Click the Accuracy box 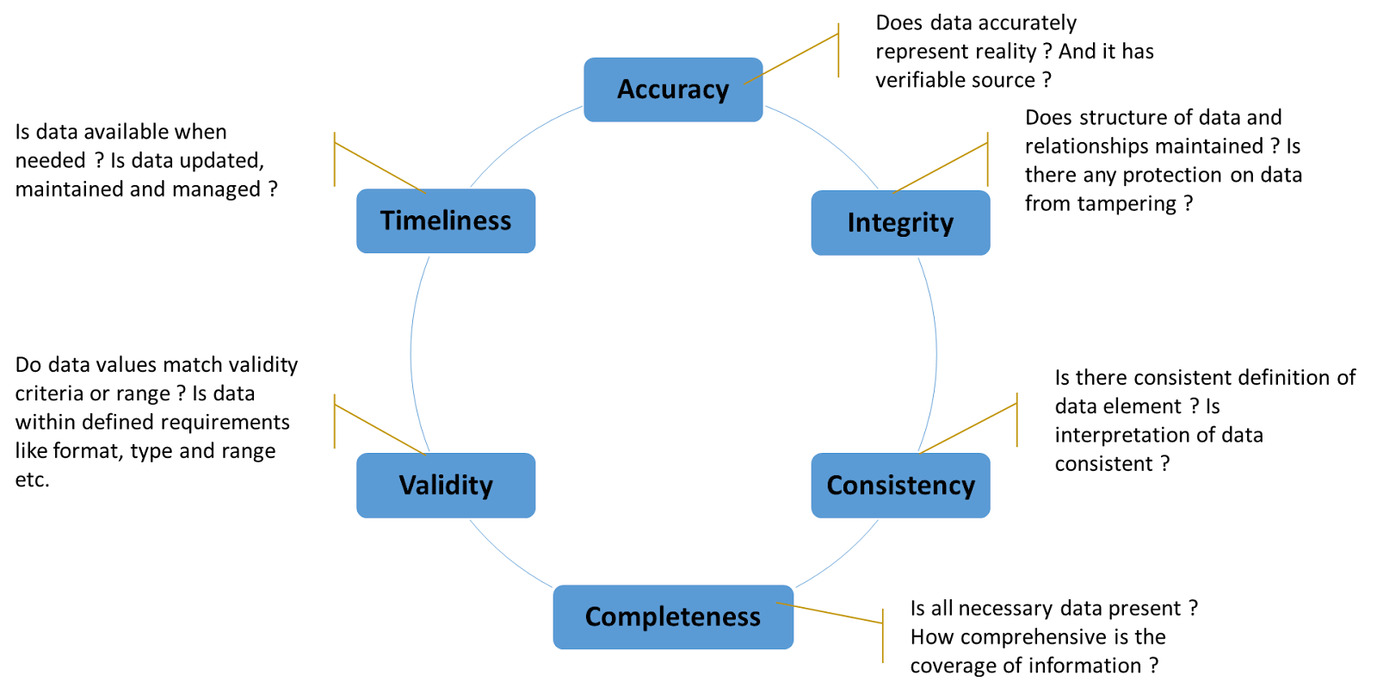click(673, 90)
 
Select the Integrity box click(900, 223)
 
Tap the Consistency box click(900, 486)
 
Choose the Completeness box click(673, 617)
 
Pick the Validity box click(446, 486)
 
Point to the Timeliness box click(446, 220)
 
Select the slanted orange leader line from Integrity click(941, 168)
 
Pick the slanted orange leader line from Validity click(380, 429)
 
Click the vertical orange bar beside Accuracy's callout click(838, 50)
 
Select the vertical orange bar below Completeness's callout click(882, 635)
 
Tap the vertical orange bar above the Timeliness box click(334, 159)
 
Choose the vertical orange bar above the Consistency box click(1016, 420)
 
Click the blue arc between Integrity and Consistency click(936, 353)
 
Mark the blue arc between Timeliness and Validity click(411, 353)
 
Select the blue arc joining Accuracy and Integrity click(826, 138)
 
